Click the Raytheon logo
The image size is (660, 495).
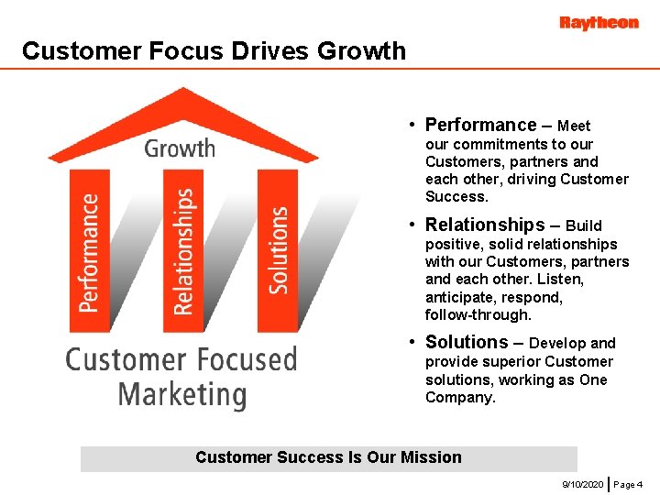(x=599, y=23)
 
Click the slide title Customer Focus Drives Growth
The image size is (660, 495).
(x=214, y=50)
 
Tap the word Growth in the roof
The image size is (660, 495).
(x=180, y=148)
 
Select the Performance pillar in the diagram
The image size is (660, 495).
(x=90, y=251)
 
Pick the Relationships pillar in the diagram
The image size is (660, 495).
(x=184, y=251)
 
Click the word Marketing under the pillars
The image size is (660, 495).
(x=182, y=395)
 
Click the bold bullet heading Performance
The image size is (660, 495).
(x=480, y=125)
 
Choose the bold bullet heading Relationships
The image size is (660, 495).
(x=485, y=225)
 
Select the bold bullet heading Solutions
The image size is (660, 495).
(x=467, y=342)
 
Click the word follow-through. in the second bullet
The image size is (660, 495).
(x=478, y=315)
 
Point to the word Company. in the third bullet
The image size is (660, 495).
(x=460, y=398)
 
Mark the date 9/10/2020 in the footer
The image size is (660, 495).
(x=583, y=483)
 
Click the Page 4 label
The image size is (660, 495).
(x=628, y=483)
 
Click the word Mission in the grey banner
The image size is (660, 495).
(x=431, y=457)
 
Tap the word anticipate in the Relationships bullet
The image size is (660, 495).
(x=460, y=298)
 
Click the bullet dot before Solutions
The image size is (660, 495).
(x=414, y=342)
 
